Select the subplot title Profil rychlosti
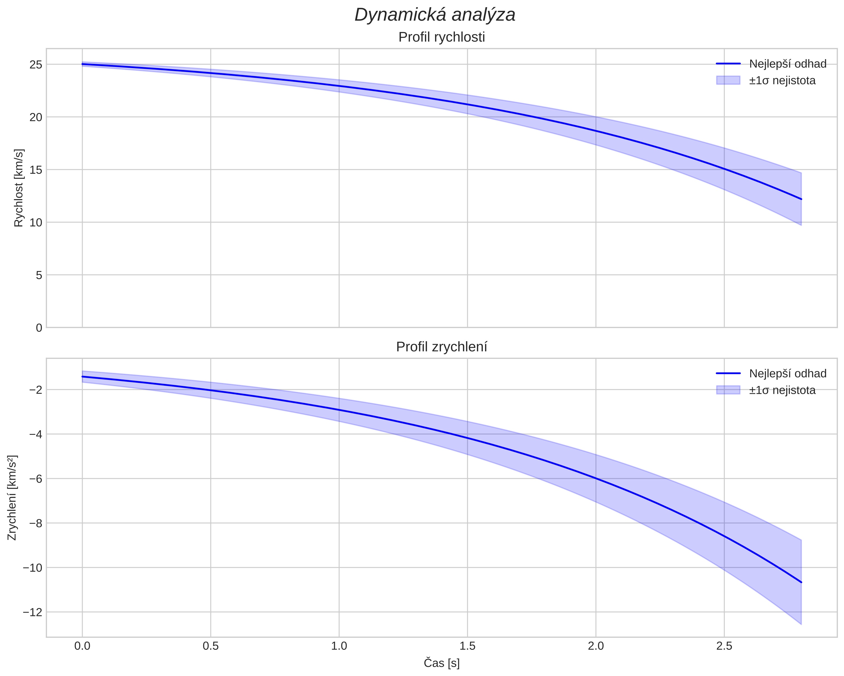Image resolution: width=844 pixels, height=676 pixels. (442, 37)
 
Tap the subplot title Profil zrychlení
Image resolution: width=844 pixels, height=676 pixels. (442, 347)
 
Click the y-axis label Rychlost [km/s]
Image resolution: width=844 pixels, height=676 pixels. (19, 188)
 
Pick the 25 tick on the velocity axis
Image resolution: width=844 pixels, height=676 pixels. (36, 64)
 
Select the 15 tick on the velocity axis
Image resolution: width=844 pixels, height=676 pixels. (36, 170)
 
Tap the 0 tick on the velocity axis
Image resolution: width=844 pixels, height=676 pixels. (39, 328)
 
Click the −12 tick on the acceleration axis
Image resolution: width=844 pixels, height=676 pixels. (32, 612)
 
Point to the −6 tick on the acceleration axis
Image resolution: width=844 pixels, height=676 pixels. (35, 479)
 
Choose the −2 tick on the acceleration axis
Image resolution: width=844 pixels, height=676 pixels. (35, 390)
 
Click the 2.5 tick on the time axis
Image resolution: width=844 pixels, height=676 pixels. (724, 646)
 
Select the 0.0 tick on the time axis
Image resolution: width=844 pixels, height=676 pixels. (82, 646)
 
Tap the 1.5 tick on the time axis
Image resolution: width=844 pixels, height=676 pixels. (467, 646)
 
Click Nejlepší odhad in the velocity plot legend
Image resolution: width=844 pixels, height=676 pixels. (788, 64)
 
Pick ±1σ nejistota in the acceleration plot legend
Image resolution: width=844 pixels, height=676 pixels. (782, 390)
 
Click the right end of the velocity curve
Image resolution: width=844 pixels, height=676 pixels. (801, 199)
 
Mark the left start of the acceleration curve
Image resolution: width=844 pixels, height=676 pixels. (82, 377)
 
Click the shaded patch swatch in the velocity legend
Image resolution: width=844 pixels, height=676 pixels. (728, 80)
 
